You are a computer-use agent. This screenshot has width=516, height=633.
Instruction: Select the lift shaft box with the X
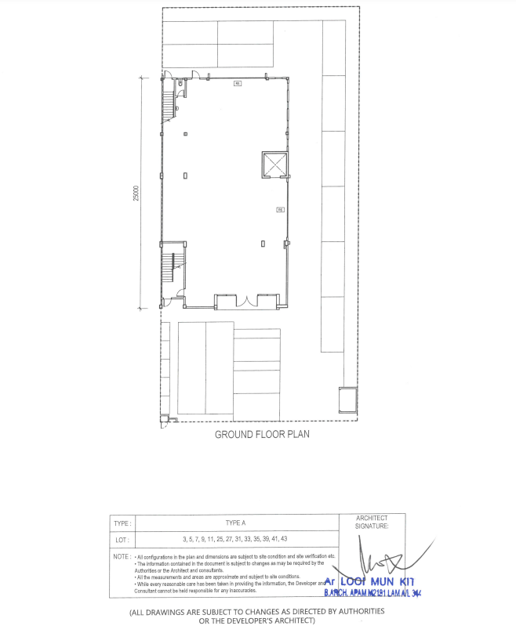pyautogui.click(x=275, y=165)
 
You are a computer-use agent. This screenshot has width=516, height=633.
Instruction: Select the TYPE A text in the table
pyautogui.click(x=236, y=523)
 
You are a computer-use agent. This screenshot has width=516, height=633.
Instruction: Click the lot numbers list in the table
pyautogui.click(x=235, y=540)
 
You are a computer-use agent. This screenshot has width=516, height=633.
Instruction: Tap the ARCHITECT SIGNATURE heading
pyautogui.click(x=372, y=523)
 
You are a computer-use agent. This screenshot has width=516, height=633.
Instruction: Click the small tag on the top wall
pyautogui.click(x=237, y=83)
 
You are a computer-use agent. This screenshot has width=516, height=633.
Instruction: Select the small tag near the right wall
pyautogui.click(x=279, y=209)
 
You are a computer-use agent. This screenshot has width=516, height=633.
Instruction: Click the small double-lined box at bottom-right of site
pyautogui.click(x=347, y=400)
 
